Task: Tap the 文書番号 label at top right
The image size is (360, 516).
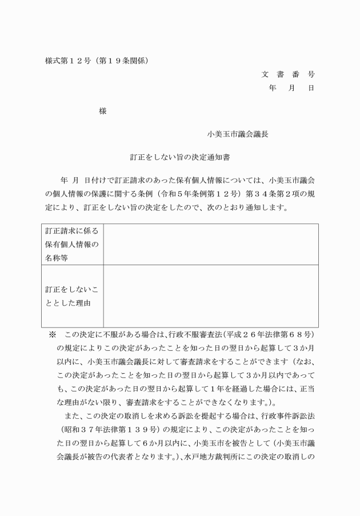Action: [288, 74]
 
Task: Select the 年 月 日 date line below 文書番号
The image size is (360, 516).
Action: [291, 88]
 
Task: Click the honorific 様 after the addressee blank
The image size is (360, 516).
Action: [103, 112]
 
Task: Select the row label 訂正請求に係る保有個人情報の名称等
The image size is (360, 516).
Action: [72, 245]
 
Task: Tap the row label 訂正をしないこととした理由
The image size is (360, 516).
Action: [72, 296]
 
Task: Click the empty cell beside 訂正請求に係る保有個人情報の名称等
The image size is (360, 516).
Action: [210, 245]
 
